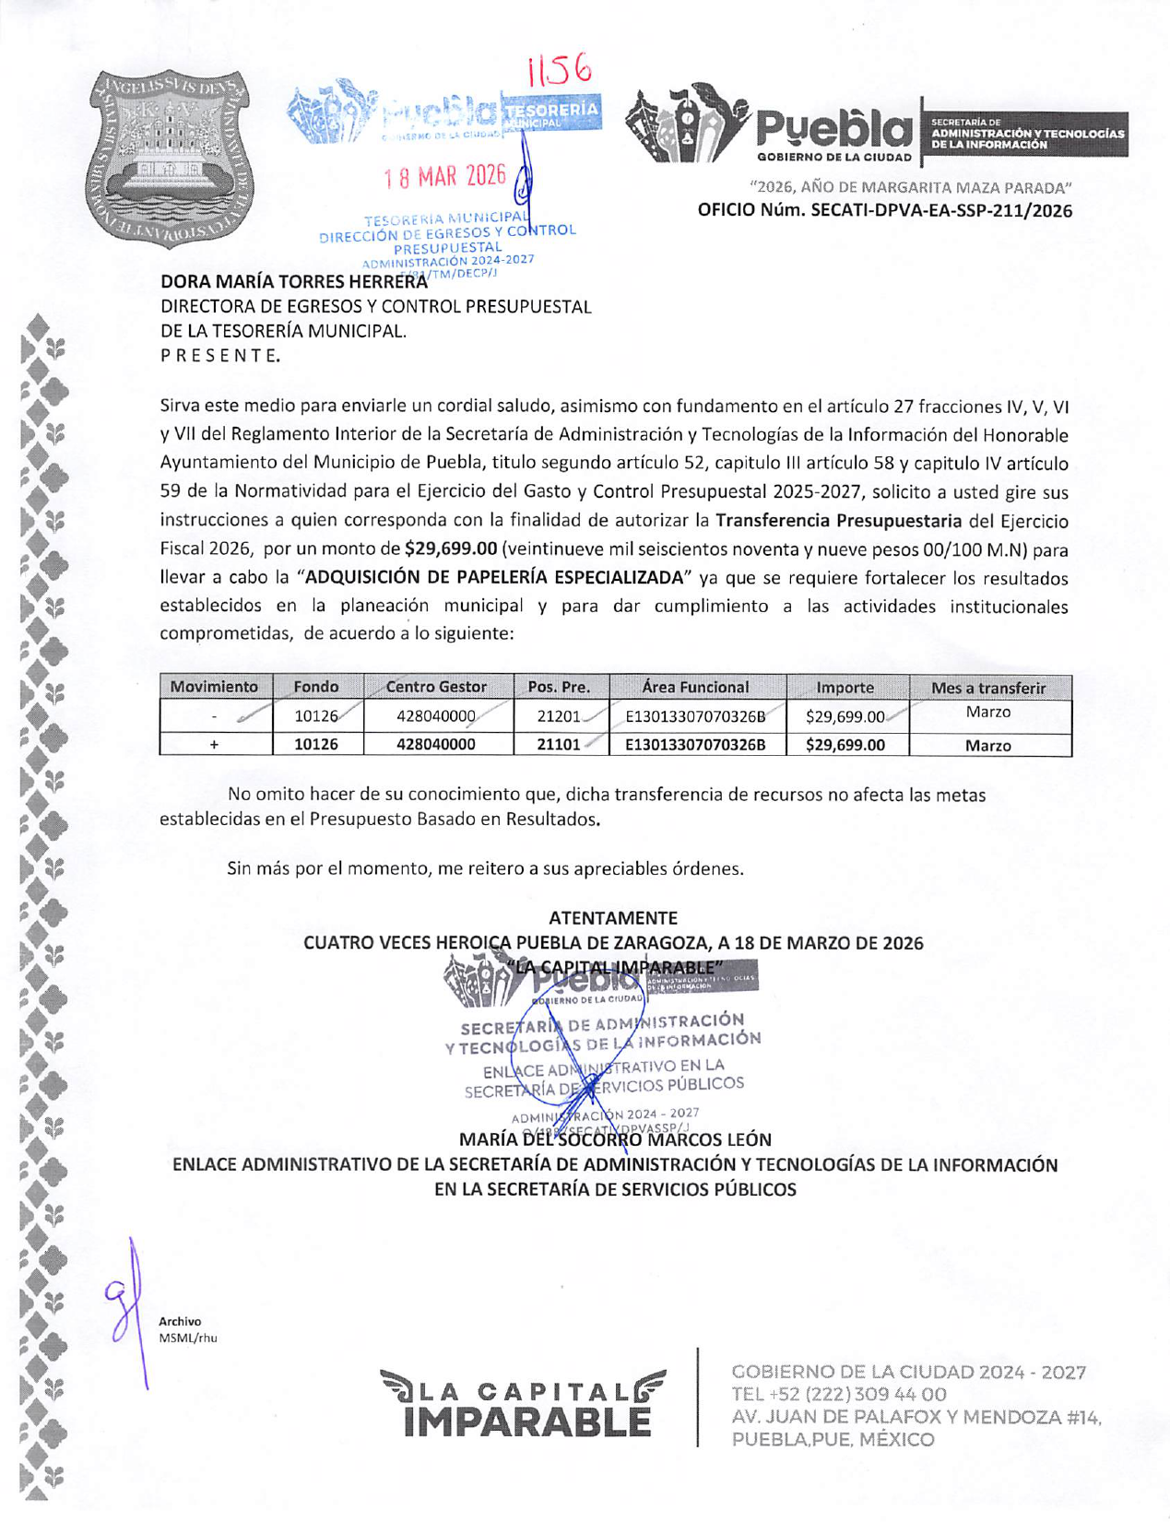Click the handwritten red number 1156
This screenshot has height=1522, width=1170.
point(559,69)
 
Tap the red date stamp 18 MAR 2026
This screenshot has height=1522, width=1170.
point(446,176)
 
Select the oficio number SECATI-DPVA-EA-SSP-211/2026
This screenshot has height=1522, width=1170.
point(884,211)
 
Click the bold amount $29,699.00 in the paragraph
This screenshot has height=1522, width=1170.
point(451,549)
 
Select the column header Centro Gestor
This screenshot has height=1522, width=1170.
point(436,687)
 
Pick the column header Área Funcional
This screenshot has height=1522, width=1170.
point(696,687)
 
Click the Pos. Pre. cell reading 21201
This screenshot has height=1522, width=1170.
point(558,716)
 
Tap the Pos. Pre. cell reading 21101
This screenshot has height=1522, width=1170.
point(558,745)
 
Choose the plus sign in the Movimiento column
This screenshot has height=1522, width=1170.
point(214,745)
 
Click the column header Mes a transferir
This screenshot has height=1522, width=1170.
point(988,688)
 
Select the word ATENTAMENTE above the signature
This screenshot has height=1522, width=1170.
point(613,918)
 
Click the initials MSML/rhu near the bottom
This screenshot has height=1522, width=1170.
point(188,1338)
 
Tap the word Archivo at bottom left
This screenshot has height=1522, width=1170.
point(180,1322)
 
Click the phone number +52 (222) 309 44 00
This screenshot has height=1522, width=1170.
point(839,1395)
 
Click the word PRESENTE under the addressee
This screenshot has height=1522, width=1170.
point(220,355)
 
